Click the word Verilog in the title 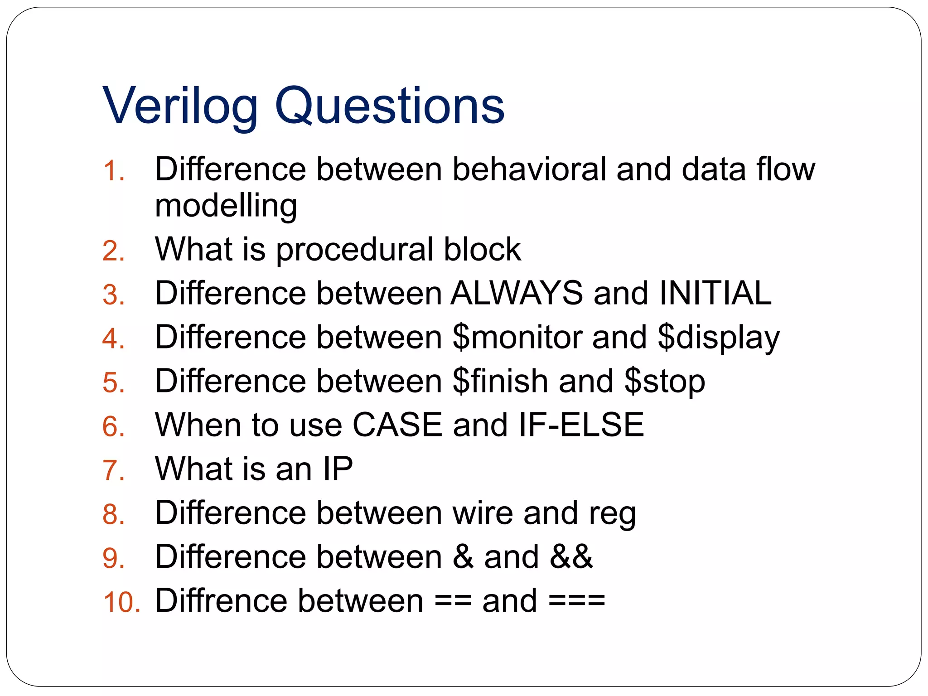point(180,106)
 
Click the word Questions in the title point(390,106)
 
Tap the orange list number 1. point(113,171)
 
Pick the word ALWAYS point(517,293)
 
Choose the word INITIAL point(715,293)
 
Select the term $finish point(500,381)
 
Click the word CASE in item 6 point(397,425)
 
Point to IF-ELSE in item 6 point(581,425)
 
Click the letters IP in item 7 point(338,469)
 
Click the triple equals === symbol point(576,601)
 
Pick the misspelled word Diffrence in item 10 point(221,601)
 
